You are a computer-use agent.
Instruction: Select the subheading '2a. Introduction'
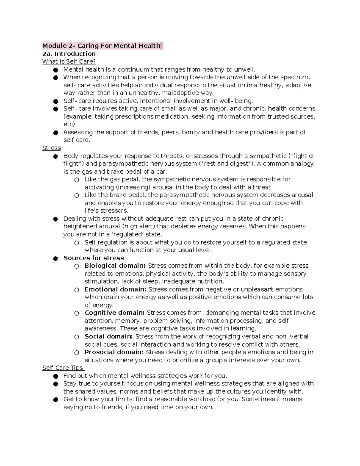tap(69, 54)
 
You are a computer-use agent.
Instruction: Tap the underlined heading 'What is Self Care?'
tap(69, 62)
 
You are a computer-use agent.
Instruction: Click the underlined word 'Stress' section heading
tap(51, 148)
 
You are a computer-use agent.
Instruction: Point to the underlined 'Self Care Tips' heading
tap(63, 368)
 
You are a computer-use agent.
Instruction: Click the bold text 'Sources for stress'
tap(93, 258)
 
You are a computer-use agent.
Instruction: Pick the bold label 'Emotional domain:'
tap(115, 290)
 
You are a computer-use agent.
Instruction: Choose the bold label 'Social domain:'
tap(109, 336)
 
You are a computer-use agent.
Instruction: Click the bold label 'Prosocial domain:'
tap(114, 352)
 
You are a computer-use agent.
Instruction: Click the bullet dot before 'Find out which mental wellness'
tap(55, 376)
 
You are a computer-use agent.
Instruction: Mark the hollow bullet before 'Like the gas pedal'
tap(77, 180)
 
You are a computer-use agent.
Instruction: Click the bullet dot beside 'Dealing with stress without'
tap(55, 219)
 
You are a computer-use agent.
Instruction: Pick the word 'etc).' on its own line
tap(70, 124)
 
